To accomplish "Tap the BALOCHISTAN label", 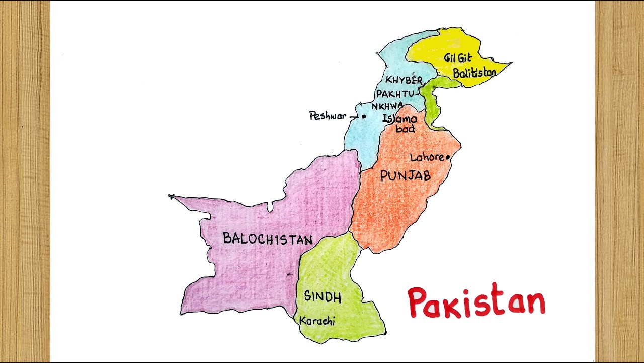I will pos(268,239).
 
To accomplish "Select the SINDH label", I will pos(323,297).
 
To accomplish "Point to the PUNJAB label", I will pos(406,175).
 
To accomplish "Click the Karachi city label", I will pos(317,321).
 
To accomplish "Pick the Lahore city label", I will pos(427,158).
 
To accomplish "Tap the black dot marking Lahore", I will pos(447,157).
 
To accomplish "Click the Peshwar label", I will pos(328,116).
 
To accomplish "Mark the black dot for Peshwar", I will pos(364,116).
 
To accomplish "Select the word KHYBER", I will pos(404,80).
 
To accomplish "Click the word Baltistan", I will pos(474,73).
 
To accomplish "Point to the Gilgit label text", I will pos(458,58).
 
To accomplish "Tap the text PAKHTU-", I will pos(397,94).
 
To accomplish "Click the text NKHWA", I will pos(387,106).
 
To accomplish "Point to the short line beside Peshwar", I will pos(354,116).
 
